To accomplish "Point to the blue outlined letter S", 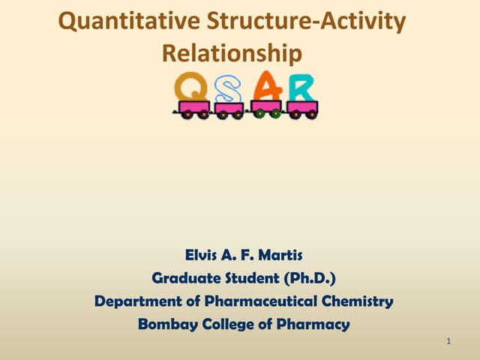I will [229, 90].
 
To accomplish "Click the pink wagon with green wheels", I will [266, 108].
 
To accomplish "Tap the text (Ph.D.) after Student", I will [309, 279].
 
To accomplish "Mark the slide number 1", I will [448, 343].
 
